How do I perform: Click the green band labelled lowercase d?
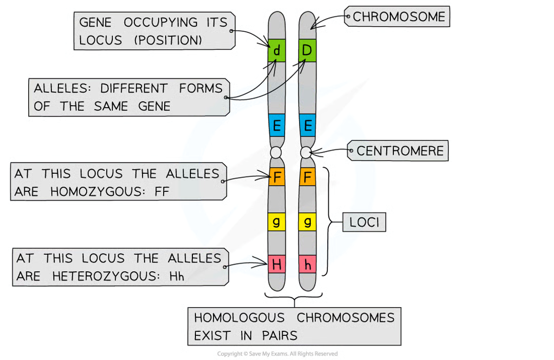coord(277,50)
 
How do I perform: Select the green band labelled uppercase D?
coord(307,50)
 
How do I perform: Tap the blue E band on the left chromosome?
coord(277,125)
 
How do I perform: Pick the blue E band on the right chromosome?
coord(307,125)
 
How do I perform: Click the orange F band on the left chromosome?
coord(277,177)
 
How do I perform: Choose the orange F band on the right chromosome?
coord(307,177)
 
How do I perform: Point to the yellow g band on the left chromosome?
coord(277,222)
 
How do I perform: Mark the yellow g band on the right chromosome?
coord(307,222)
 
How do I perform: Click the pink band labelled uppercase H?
coord(277,265)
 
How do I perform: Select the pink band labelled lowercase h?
coord(307,265)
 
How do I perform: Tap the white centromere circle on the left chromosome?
coord(276,152)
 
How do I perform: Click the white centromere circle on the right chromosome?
coord(307,152)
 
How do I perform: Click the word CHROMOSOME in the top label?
coord(399,17)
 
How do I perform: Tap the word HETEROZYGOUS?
coord(101,276)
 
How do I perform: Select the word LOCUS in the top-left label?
coord(101,41)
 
